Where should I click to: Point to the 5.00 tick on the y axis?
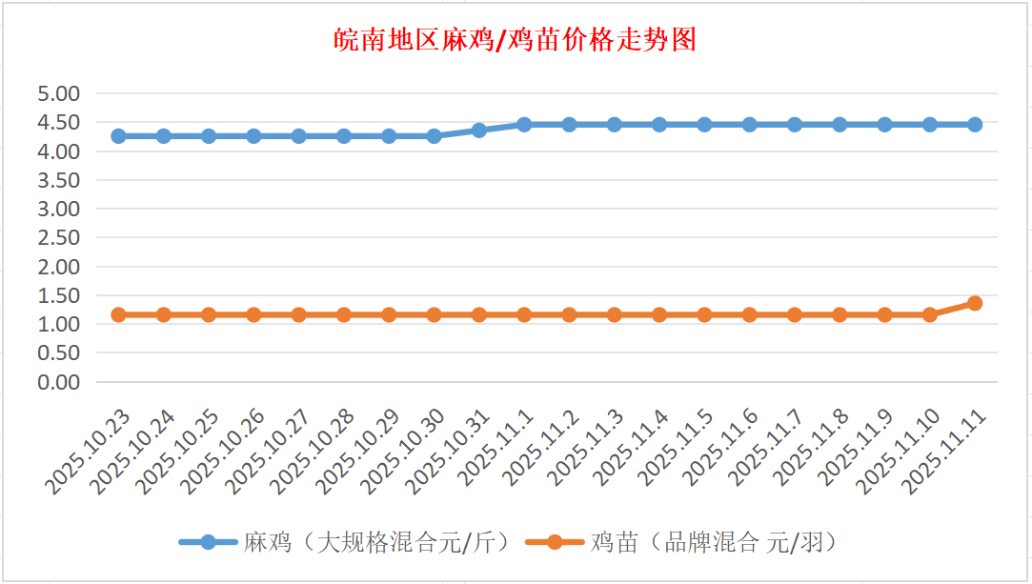[58, 93]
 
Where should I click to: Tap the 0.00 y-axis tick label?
[58, 382]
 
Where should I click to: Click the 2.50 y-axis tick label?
[58, 237]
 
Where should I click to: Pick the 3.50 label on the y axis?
[58, 180]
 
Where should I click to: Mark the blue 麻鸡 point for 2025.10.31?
[479, 131]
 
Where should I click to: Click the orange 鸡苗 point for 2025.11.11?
[975, 303]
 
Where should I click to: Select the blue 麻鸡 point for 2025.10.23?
[118, 136]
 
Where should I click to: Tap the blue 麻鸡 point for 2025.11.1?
[524, 125]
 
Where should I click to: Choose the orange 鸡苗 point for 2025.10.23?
[118, 314]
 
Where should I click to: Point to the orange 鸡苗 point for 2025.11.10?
[930, 314]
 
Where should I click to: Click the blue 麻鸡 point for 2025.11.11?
[975, 125]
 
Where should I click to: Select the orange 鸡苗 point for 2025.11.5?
[704, 314]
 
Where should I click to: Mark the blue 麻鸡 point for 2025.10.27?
[298, 136]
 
